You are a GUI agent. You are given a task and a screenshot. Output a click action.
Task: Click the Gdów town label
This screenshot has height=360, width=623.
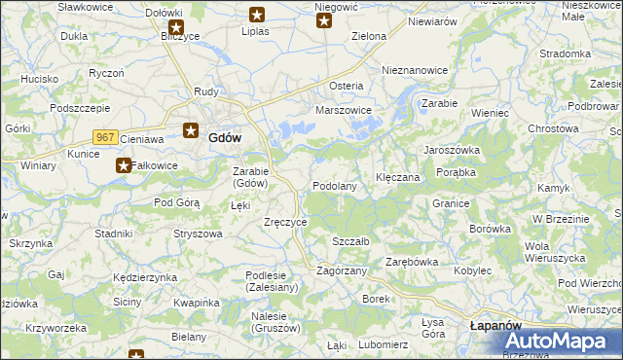pos(225,138)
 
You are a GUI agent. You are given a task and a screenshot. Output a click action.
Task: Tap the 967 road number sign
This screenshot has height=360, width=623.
pos(106,138)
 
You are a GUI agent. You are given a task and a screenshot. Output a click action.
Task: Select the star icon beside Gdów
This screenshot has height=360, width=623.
pos(191,129)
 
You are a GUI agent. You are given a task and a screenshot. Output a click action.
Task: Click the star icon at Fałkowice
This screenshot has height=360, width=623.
pos(124,165)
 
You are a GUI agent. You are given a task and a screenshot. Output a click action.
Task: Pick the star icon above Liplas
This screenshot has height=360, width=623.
pos(257,15)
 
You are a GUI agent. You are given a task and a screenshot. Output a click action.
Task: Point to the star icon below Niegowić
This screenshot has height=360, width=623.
pos(324,20)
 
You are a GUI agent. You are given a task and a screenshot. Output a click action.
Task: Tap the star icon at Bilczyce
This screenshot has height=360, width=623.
pos(176,26)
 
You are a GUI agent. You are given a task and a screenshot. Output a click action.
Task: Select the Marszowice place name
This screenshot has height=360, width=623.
pos(345,110)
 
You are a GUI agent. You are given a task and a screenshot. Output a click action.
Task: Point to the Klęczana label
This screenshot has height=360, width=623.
pos(398,178)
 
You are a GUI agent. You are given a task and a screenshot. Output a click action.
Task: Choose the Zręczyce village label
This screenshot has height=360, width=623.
pos(286,222)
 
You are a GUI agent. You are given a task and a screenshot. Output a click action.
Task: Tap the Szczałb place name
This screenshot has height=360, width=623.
pos(350,241)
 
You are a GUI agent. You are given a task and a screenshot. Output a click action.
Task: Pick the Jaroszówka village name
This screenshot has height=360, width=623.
pos(452,150)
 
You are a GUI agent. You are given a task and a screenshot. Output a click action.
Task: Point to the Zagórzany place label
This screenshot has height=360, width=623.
pos(342,270)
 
